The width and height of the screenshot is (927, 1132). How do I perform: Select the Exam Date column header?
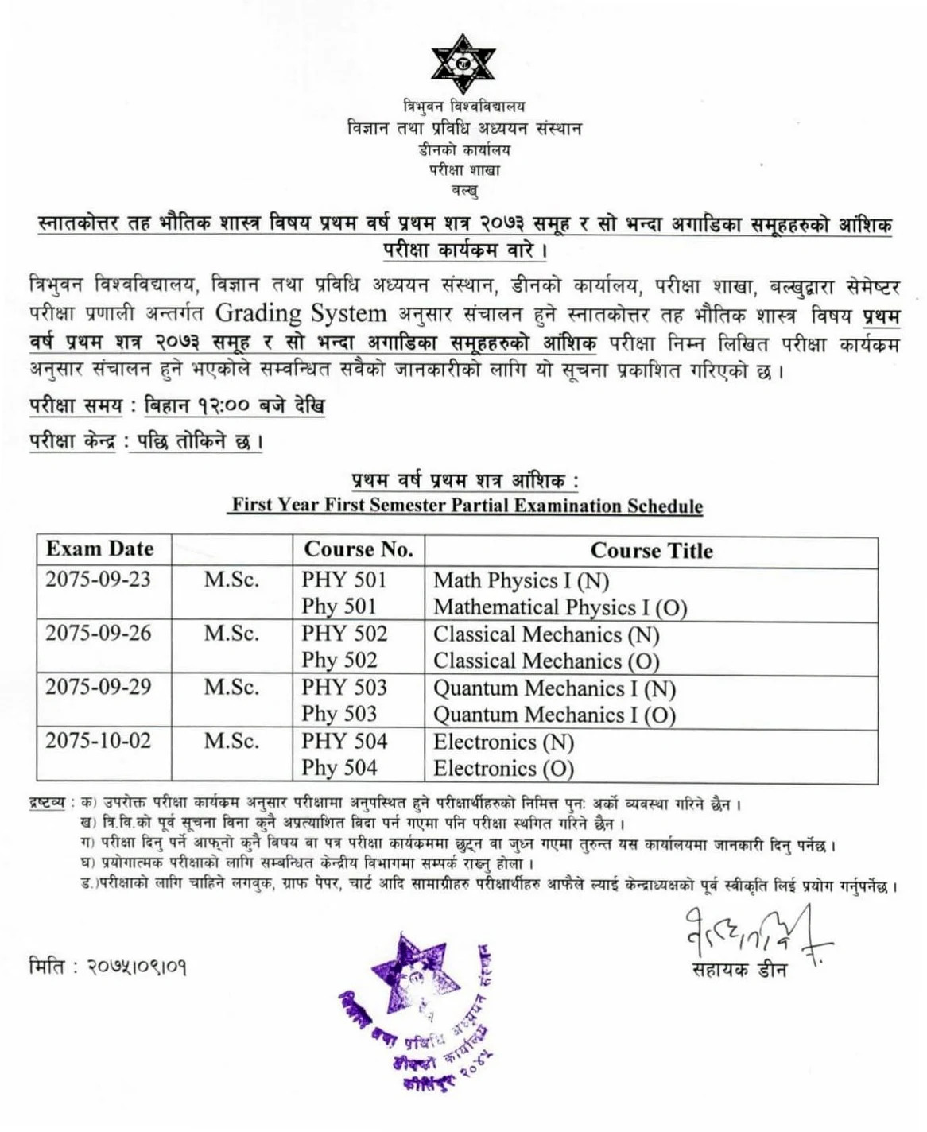click(99, 549)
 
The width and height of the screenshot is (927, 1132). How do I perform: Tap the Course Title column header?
click(651, 551)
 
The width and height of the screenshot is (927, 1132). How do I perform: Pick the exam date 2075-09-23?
click(98, 580)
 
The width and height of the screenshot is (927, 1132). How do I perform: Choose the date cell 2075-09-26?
click(98, 634)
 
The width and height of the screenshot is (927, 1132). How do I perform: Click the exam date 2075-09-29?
click(98, 687)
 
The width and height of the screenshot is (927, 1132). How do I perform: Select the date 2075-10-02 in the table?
click(98, 741)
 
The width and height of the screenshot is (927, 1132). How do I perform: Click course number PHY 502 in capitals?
click(344, 634)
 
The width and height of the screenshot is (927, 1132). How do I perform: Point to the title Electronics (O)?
click(503, 769)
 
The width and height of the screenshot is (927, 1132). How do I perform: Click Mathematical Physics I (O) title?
click(560, 607)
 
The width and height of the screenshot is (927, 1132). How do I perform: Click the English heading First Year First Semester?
click(467, 506)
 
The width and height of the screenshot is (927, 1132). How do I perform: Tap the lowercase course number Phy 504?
click(339, 768)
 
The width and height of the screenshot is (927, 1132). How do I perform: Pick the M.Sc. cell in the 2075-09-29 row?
click(231, 688)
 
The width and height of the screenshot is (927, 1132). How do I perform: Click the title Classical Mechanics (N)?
click(546, 634)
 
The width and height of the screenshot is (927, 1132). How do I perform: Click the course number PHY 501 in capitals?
click(344, 580)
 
